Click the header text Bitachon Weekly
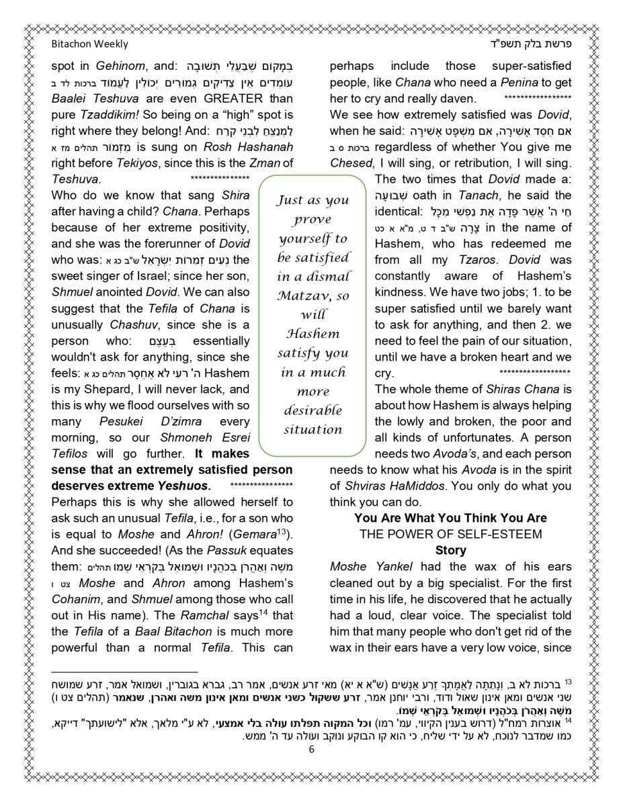[x=89, y=44]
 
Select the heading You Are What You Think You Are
[x=450, y=518]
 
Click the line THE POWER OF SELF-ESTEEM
[x=450, y=534]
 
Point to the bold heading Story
[x=450, y=550]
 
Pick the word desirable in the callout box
[x=313, y=410]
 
